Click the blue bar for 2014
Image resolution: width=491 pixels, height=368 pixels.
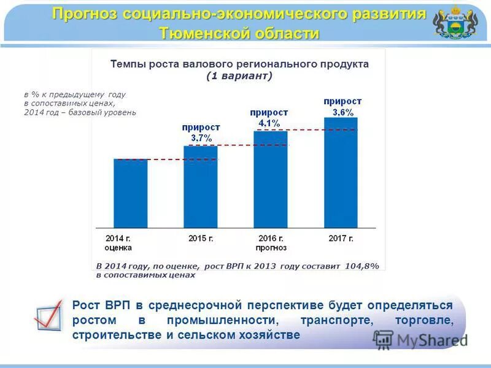pos(130,193)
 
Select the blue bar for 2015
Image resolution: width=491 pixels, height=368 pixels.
pos(201,187)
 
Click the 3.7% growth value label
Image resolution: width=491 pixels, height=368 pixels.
pos(201,137)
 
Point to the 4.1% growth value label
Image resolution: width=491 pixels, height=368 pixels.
pos(269,123)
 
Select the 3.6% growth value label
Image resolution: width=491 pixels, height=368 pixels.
pos(342,112)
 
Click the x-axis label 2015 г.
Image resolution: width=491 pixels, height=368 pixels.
pos(200,238)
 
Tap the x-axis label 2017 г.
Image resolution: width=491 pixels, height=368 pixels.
pos(341,238)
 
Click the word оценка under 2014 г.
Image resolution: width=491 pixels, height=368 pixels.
pos(118,248)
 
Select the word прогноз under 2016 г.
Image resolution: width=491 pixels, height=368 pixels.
pos(271,248)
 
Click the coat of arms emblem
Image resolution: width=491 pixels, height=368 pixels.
pos(455,23)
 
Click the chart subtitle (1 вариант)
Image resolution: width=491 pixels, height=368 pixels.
pos(239,75)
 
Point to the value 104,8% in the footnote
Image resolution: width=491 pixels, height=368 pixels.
pos(361,266)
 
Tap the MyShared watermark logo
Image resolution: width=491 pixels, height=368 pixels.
pos(421,340)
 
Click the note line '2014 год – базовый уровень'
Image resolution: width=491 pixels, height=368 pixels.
pos(80,113)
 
